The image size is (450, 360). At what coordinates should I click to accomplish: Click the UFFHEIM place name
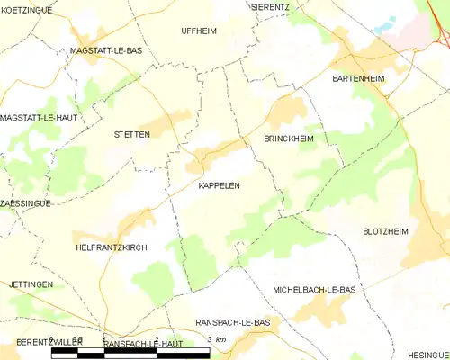[x=199, y=31]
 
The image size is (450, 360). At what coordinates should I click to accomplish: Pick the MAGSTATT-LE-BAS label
[x=106, y=52]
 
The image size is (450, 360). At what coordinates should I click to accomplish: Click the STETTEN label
[x=131, y=134]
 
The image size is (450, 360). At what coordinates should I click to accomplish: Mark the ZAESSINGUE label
[x=25, y=203]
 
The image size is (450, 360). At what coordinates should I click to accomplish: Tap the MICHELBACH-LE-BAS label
[x=314, y=290]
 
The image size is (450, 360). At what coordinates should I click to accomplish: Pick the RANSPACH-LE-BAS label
[x=232, y=322]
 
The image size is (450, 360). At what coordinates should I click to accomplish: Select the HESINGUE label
[x=427, y=355]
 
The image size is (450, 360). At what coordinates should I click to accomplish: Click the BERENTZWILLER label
[x=49, y=344]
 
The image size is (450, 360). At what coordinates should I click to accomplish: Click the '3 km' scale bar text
[x=215, y=339]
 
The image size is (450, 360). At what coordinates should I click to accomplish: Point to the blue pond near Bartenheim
[x=384, y=28]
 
